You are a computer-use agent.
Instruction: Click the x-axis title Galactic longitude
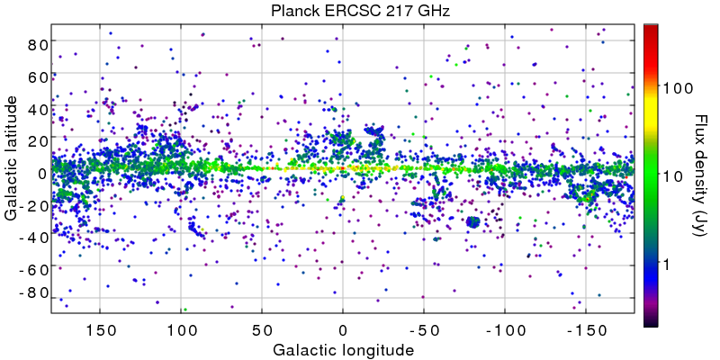click(x=343, y=349)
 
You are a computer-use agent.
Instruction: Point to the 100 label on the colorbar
click(x=677, y=88)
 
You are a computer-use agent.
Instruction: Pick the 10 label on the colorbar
click(x=672, y=175)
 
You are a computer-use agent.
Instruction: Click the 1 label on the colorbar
click(x=668, y=264)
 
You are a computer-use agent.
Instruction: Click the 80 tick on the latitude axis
click(x=36, y=44)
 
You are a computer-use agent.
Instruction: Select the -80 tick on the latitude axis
click(x=32, y=293)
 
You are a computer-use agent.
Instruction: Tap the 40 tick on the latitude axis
click(x=36, y=110)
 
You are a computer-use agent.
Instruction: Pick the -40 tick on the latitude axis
click(x=32, y=238)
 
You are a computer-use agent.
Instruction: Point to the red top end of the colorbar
click(x=651, y=28)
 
